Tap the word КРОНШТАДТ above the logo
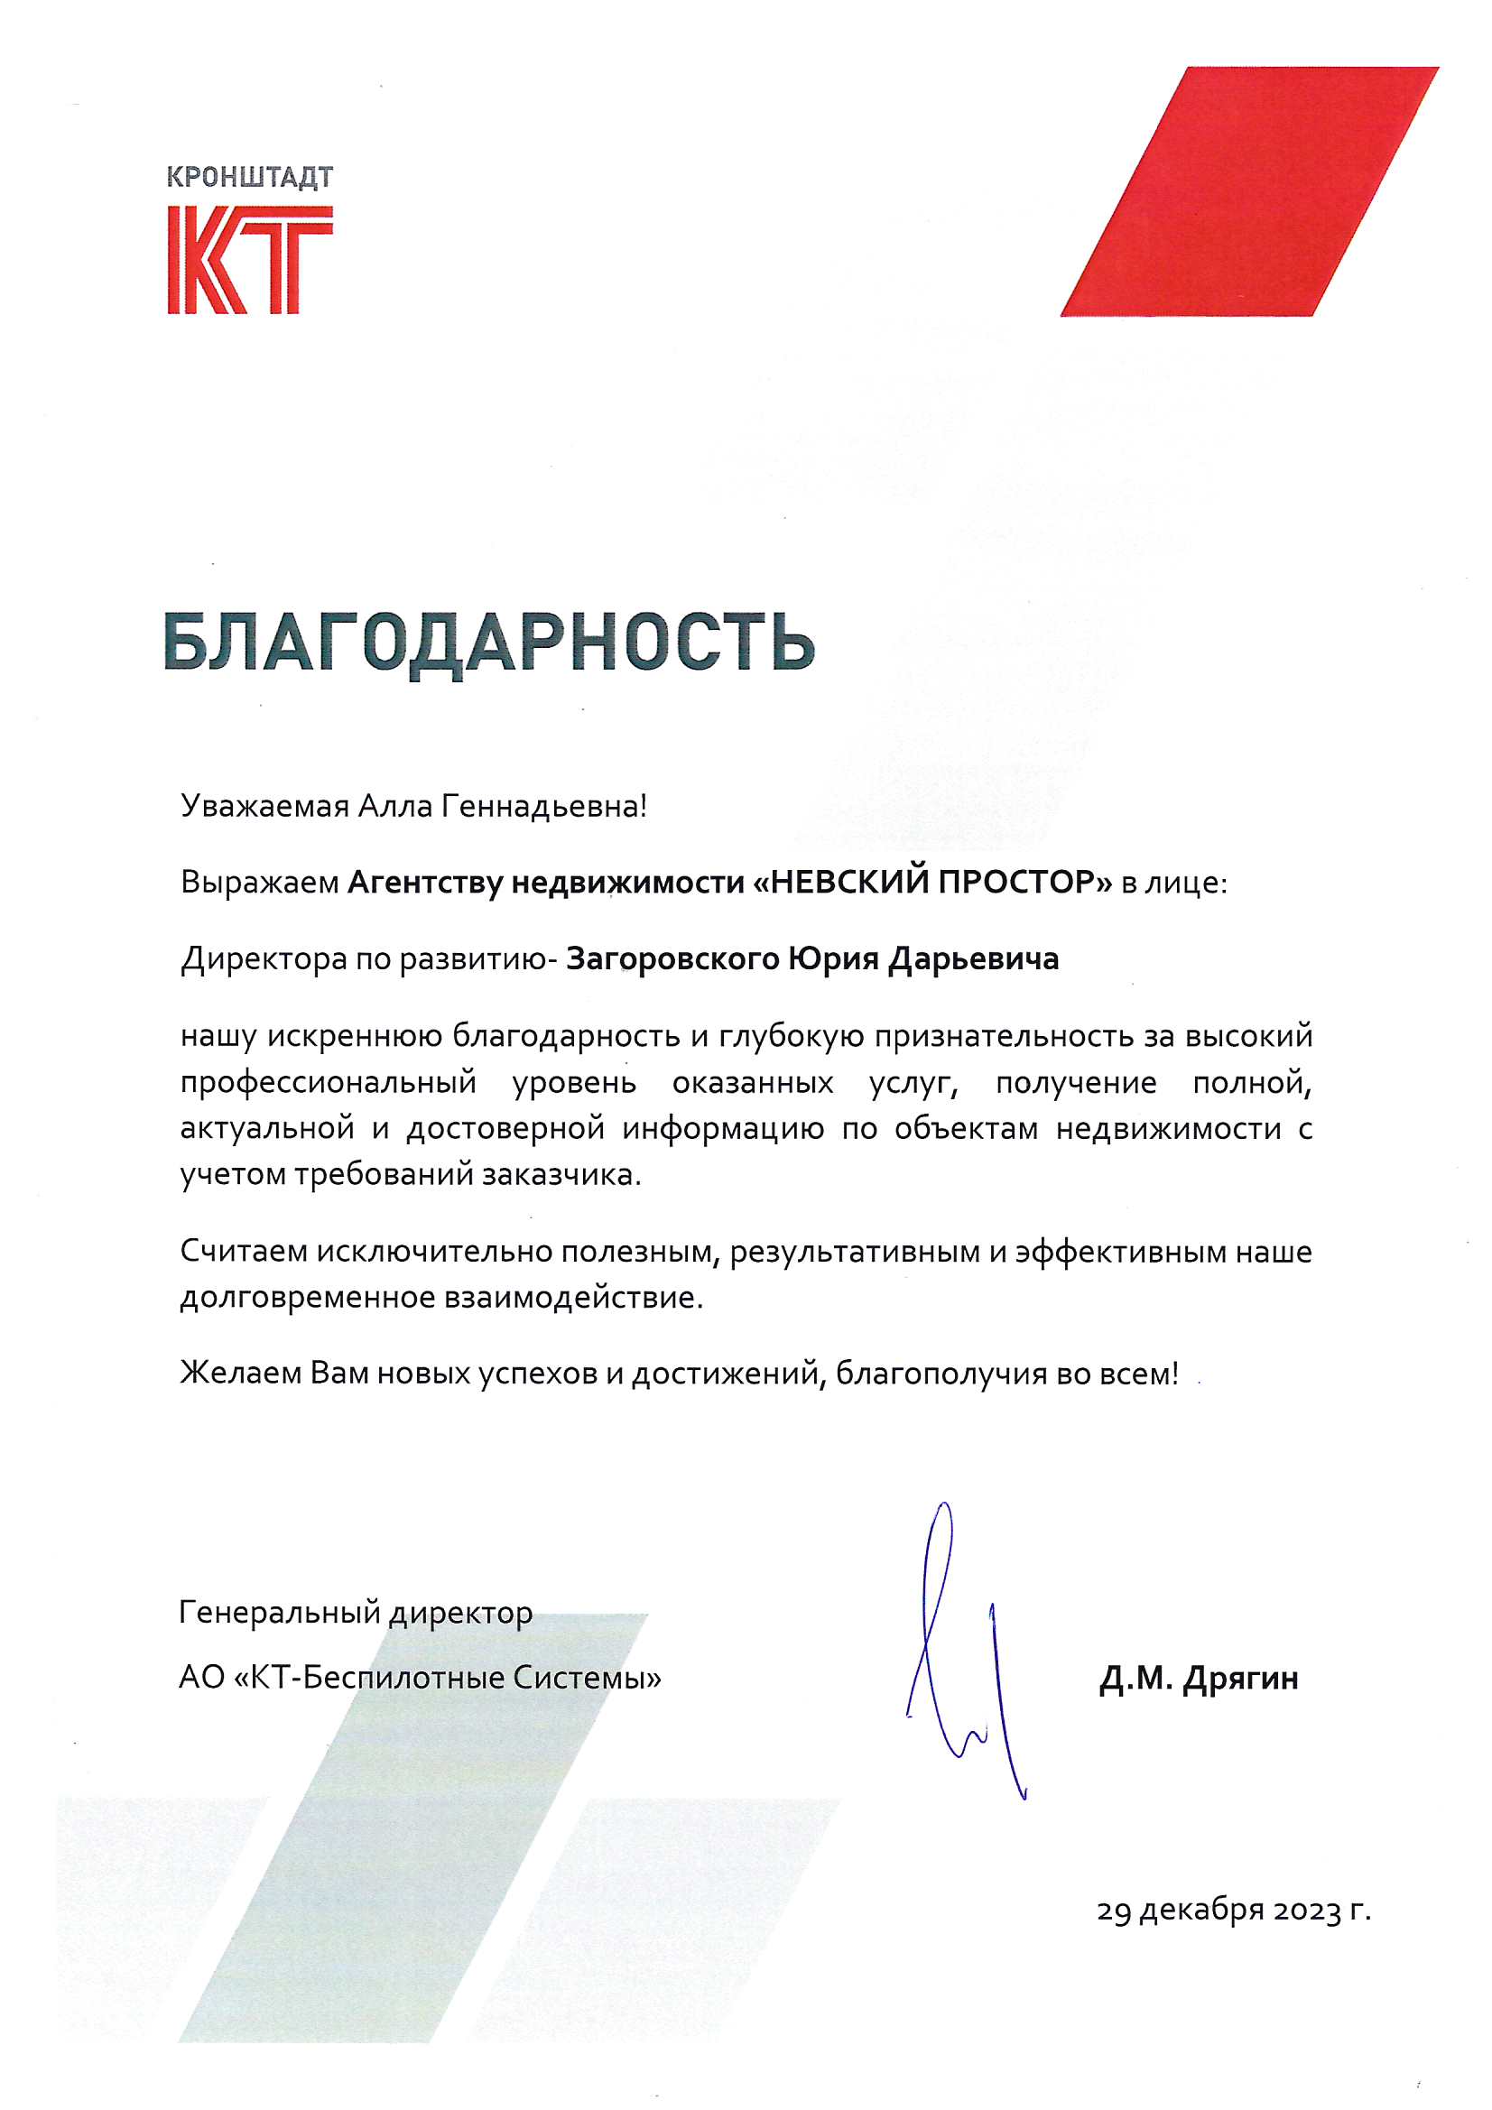point(249,177)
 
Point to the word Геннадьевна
point(543,806)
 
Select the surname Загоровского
point(672,959)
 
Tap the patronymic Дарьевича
point(974,959)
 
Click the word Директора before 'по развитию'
point(264,959)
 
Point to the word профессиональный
point(329,1084)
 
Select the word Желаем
point(240,1374)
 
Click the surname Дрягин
point(1240,1679)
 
